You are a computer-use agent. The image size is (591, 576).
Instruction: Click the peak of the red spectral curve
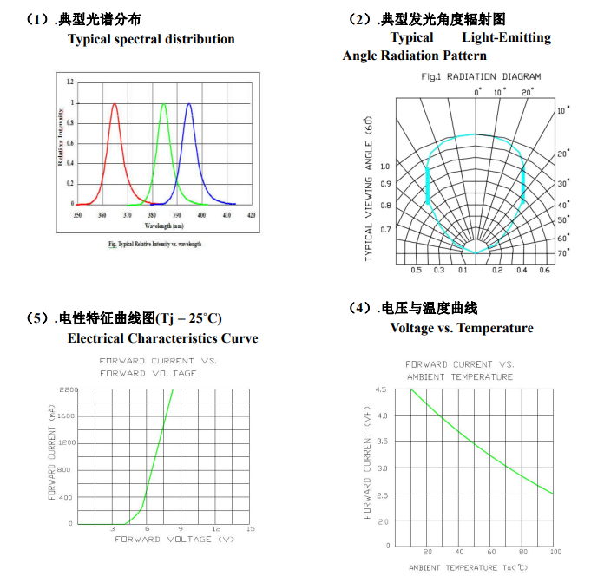click(x=115, y=104)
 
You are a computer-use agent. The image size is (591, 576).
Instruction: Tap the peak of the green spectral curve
click(x=163, y=104)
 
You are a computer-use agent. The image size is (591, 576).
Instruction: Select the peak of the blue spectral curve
click(x=189, y=104)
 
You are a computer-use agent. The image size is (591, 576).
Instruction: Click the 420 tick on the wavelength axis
click(x=252, y=213)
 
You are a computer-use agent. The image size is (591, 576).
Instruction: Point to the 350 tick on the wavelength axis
click(x=77, y=213)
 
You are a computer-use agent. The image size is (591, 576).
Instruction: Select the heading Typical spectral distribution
click(x=151, y=39)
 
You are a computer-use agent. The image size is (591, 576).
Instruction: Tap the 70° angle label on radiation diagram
click(x=563, y=252)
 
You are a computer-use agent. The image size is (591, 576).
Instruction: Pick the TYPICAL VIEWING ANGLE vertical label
click(x=368, y=187)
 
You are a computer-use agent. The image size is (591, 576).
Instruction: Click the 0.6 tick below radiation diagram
click(x=544, y=271)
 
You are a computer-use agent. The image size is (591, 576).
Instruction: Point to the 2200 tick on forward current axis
click(x=66, y=389)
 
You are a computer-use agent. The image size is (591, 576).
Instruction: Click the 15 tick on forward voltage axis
click(x=251, y=529)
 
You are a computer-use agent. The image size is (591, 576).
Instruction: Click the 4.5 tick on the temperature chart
click(x=381, y=390)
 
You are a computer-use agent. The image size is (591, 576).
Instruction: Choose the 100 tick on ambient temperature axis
click(x=555, y=552)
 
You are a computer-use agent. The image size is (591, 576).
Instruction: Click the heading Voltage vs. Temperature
click(x=462, y=328)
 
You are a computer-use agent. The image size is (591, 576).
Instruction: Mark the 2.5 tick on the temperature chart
click(x=381, y=494)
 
